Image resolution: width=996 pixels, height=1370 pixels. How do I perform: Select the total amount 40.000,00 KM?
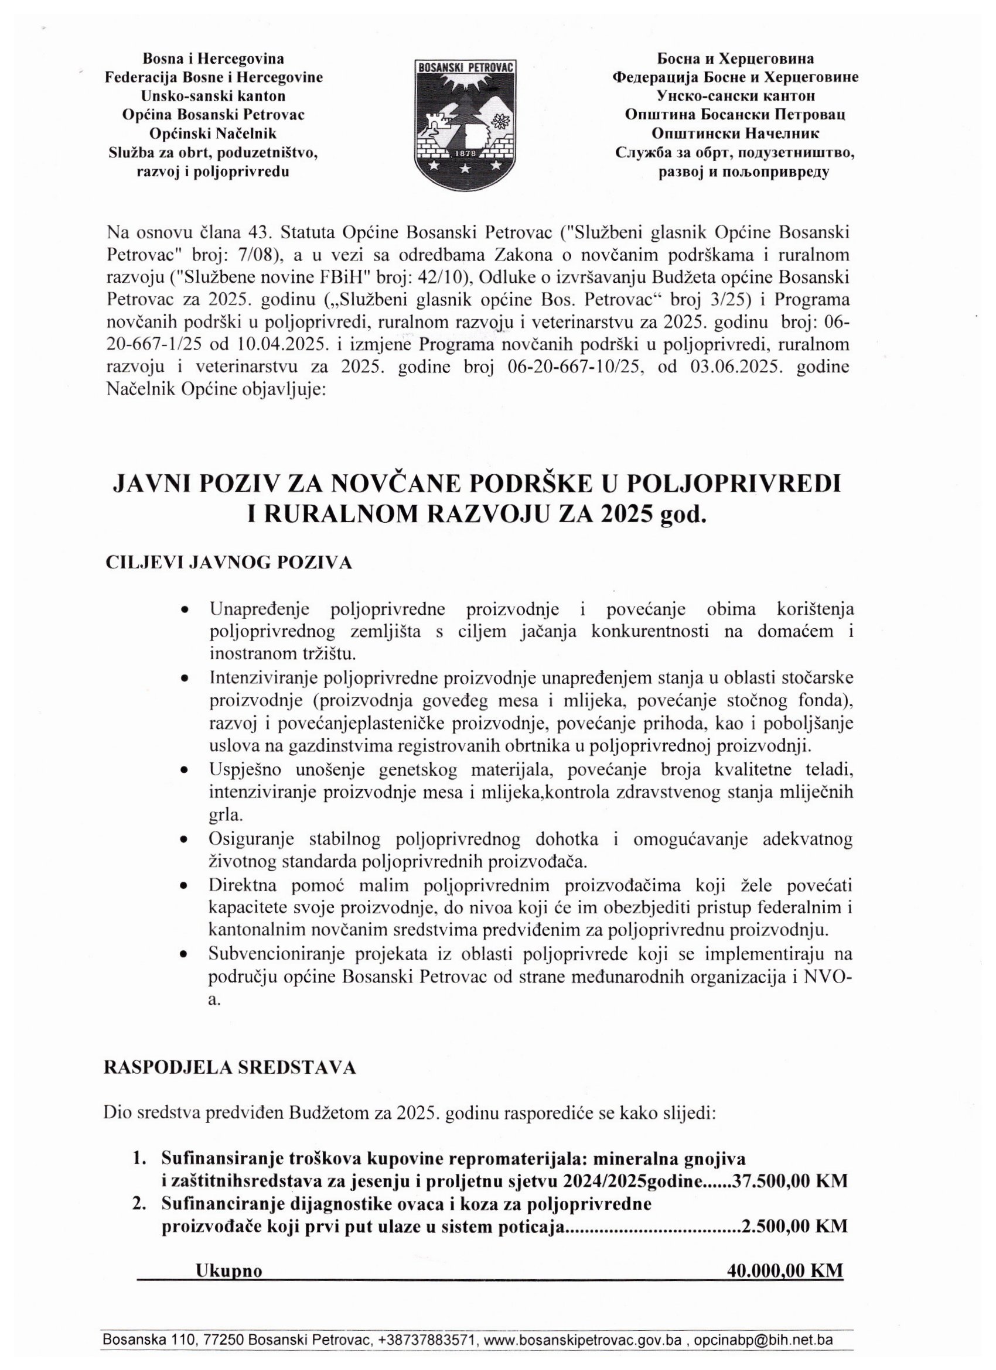click(x=785, y=1271)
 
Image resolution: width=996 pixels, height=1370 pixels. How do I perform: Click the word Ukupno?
click(x=229, y=1272)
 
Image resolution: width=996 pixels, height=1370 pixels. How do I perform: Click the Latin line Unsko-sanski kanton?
click(x=213, y=95)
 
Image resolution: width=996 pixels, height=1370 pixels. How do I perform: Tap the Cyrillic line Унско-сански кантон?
click(x=735, y=95)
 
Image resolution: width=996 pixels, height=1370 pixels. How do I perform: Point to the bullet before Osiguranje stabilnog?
click(x=184, y=841)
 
